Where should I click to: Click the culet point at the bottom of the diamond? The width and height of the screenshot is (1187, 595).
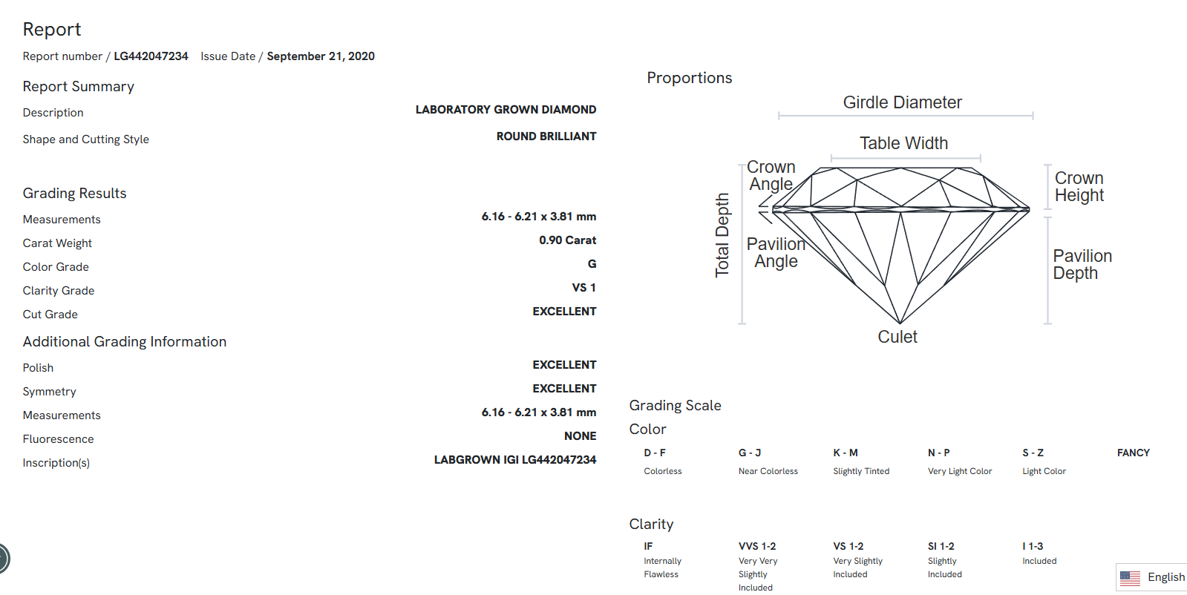tap(900, 323)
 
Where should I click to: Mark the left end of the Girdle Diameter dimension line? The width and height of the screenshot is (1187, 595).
tap(779, 116)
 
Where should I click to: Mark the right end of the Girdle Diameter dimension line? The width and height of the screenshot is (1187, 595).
tap(1033, 116)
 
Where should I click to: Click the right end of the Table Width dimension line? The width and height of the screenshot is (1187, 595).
tap(981, 158)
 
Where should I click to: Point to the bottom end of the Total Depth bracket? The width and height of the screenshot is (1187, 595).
tap(742, 323)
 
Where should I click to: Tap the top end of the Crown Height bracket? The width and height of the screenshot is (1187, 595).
tap(1047, 165)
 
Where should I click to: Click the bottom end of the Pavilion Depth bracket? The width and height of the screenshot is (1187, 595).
tap(1047, 323)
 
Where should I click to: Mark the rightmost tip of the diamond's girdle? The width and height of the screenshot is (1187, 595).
tap(1030, 210)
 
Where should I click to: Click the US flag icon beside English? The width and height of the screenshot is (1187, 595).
tap(1130, 577)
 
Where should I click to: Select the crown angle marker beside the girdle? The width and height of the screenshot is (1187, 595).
tap(765, 201)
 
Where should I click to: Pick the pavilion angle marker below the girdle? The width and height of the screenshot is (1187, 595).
tap(765, 217)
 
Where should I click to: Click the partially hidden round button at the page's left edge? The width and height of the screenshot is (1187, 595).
tap(4, 558)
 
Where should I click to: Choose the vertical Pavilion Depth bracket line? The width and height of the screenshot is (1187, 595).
tap(1047, 271)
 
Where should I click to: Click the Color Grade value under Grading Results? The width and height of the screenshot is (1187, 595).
tap(592, 263)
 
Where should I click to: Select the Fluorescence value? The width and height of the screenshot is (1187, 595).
tap(581, 435)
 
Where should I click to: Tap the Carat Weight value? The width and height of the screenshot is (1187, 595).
tap(568, 240)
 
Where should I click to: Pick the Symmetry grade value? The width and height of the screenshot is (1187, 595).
tap(564, 388)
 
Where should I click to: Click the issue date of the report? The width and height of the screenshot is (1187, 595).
tap(321, 56)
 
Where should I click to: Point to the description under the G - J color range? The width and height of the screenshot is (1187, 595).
tap(768, 470)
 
